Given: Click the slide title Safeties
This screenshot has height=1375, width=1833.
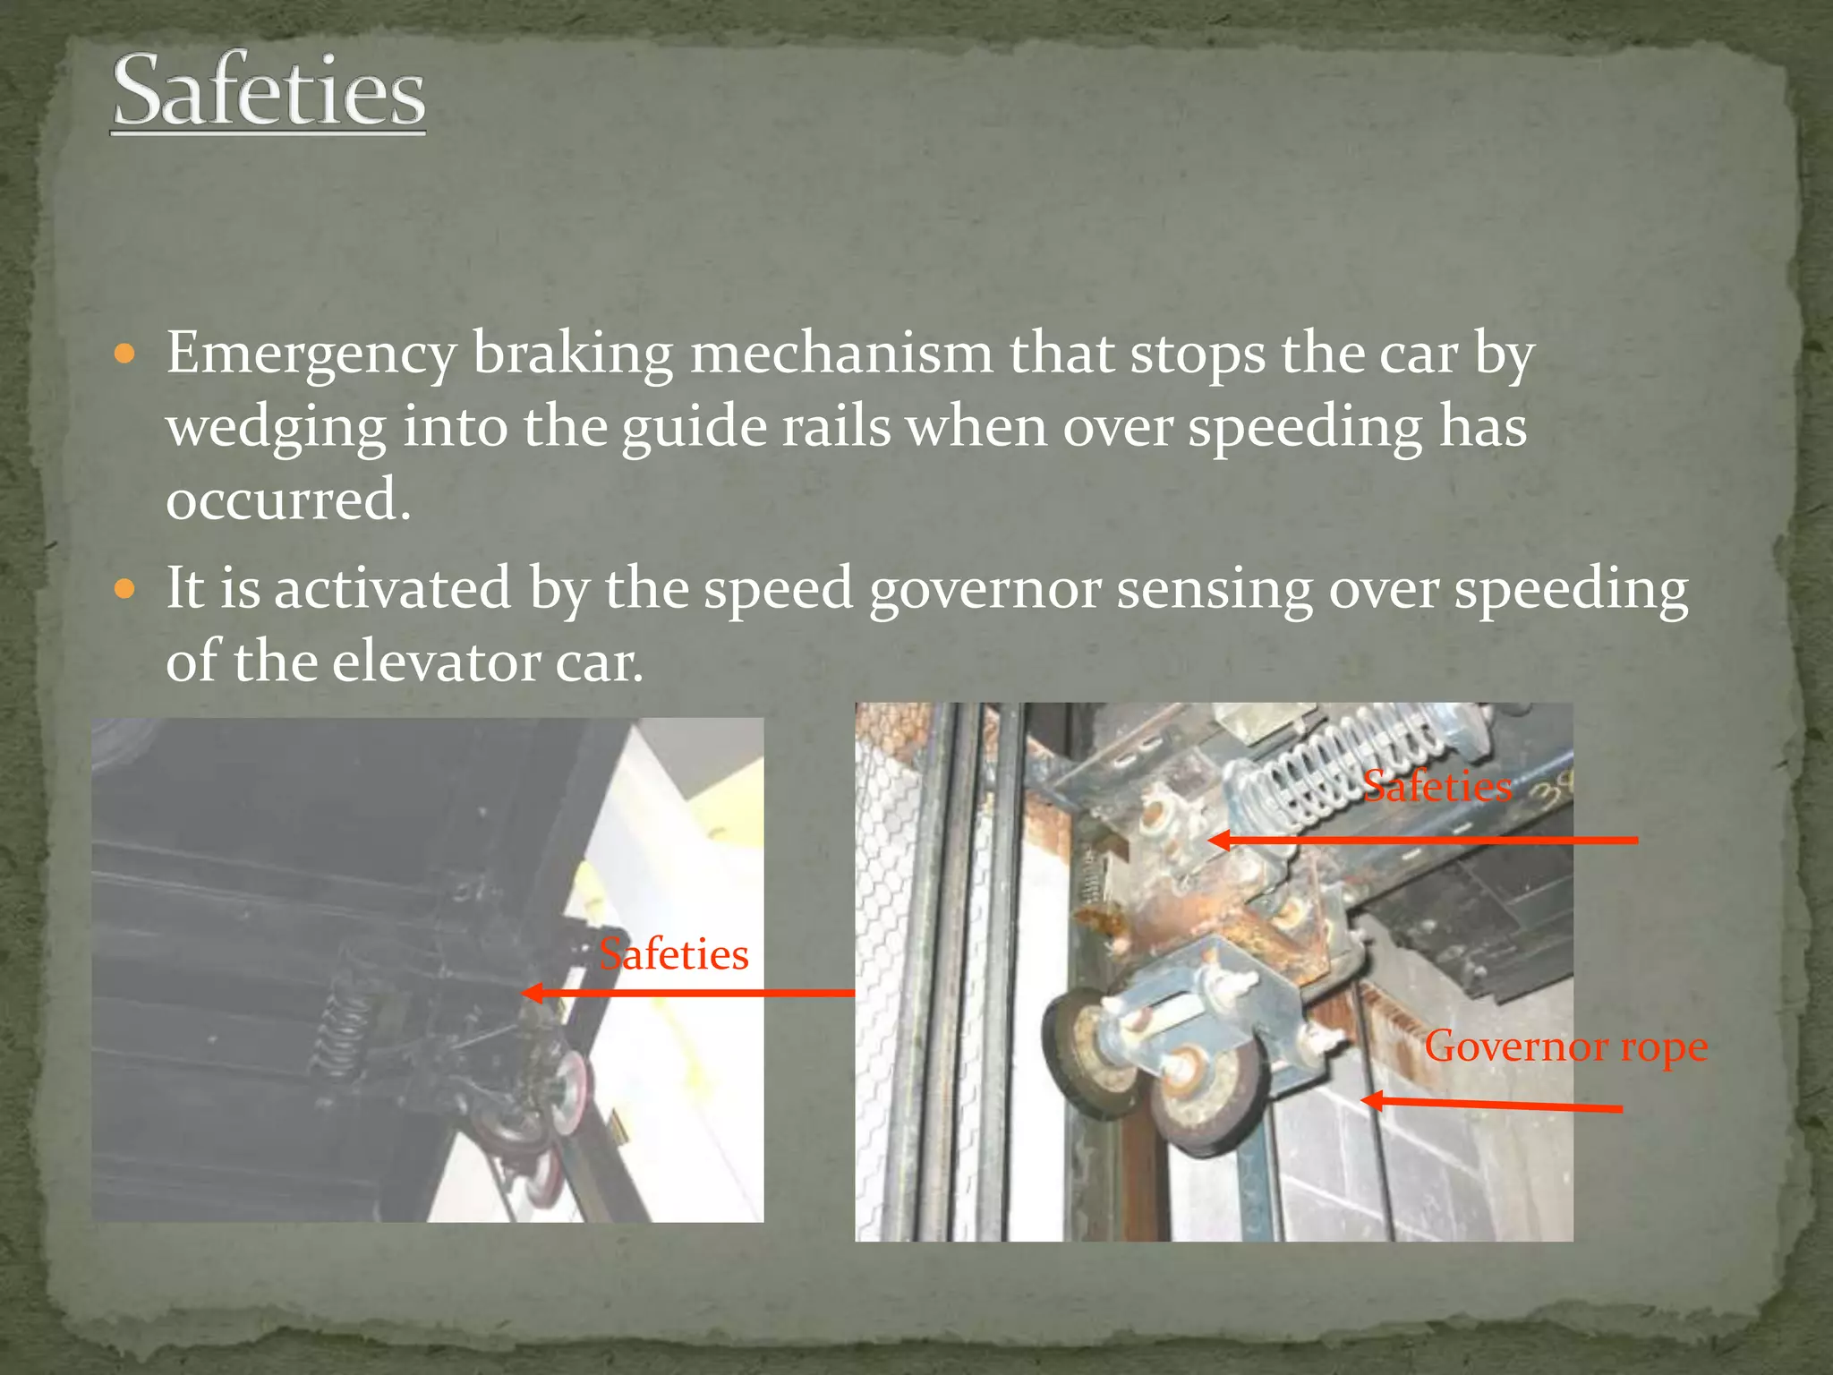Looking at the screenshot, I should click(269, 91).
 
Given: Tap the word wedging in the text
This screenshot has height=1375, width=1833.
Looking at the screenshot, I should click(276, 428).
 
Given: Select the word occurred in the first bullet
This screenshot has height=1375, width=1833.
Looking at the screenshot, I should click(287, 500).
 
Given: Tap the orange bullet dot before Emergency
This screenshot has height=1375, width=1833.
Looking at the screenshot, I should click(125, 354).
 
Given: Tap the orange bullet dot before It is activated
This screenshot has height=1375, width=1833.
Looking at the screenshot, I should click(125, 590).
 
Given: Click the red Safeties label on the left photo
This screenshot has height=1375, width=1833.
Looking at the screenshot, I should click(673, 954).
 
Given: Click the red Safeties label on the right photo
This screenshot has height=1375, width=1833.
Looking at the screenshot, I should click(1437, 787).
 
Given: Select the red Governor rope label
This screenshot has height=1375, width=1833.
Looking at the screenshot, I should click(1565, 1046).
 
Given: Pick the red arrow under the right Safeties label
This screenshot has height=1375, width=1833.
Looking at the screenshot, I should click(1423, 840).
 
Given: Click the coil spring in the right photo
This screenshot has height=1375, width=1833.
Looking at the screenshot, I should click(1325, 765).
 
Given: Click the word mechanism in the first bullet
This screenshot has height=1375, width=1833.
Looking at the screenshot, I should click(841, 354).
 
